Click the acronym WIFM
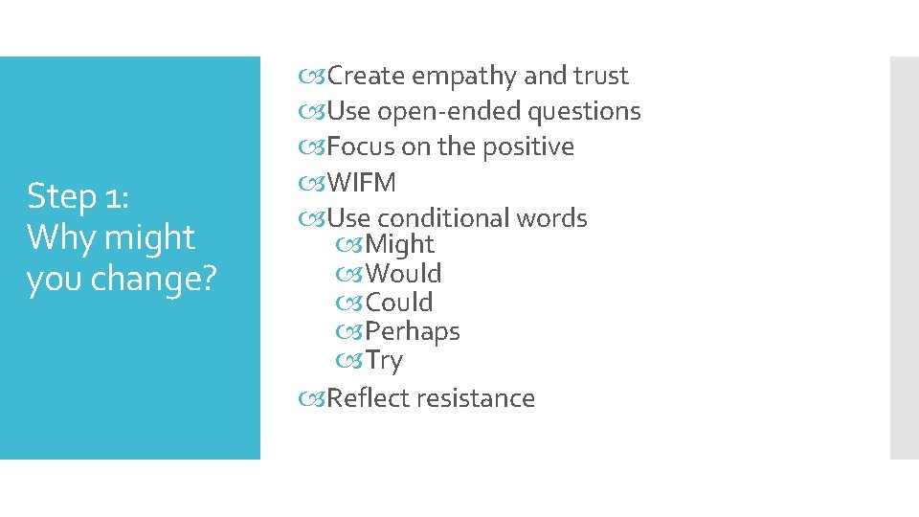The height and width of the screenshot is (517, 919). point(361,183)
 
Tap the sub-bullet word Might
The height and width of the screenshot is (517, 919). point(399,245)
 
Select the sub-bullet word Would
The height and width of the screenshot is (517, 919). point(403,274)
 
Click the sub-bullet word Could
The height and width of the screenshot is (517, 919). point(399,303)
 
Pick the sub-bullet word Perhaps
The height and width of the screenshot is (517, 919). point(413,332)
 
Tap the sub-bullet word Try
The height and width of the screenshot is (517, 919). point(384,361)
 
